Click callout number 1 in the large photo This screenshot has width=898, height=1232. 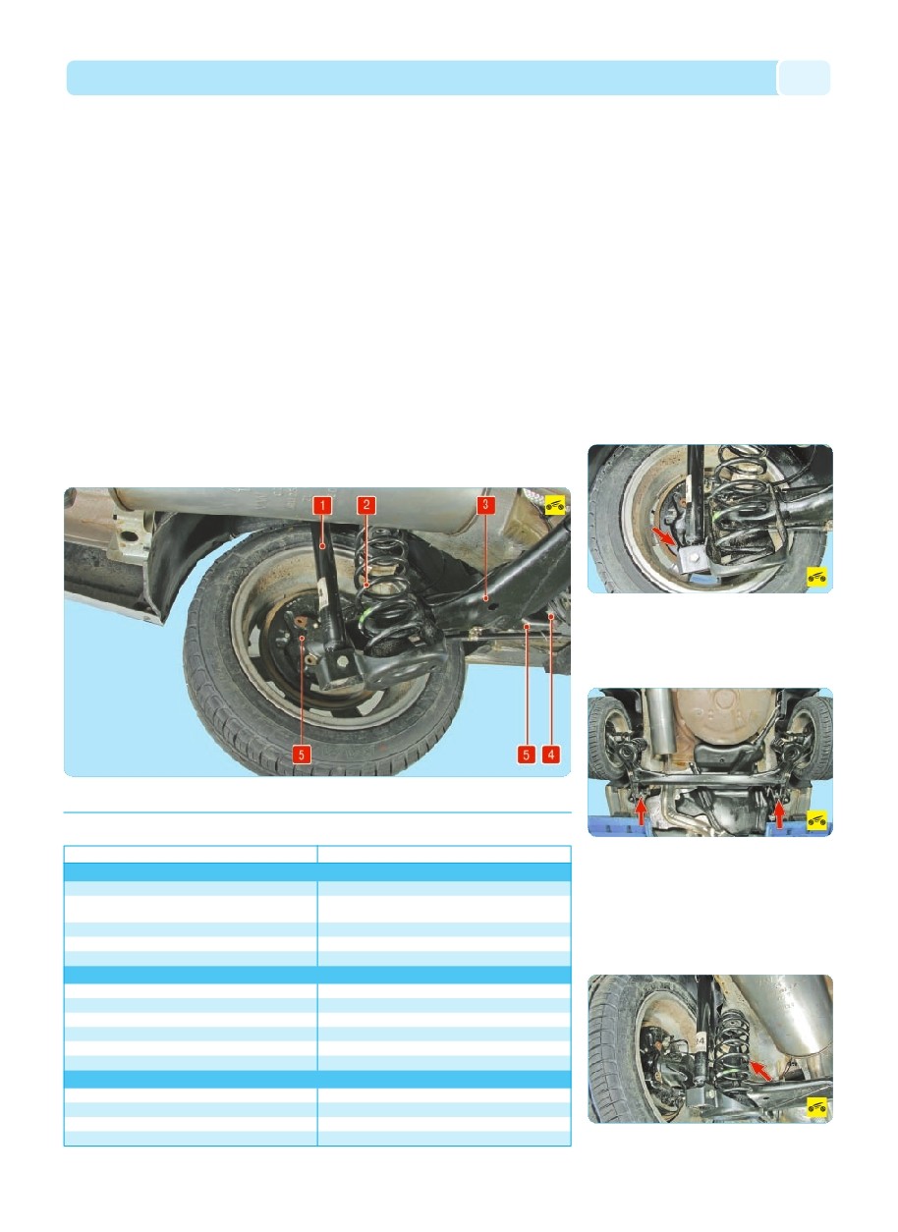click(322, 505)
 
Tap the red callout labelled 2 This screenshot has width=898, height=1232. click(366, 505)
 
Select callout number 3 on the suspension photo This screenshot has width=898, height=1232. click(485, 505)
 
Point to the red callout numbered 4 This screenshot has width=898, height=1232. click(551, 755)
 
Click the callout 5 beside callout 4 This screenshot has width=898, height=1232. click(526, 755)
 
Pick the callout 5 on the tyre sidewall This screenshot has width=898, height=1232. click(301, 755)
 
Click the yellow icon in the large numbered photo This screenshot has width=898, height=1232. click(555, 505)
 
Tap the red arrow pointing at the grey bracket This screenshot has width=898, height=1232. click(663, 535)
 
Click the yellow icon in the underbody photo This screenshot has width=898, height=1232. click(816, 820)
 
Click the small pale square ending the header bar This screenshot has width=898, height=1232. click(804, 78)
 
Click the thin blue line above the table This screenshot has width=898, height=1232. click(317, 812)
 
